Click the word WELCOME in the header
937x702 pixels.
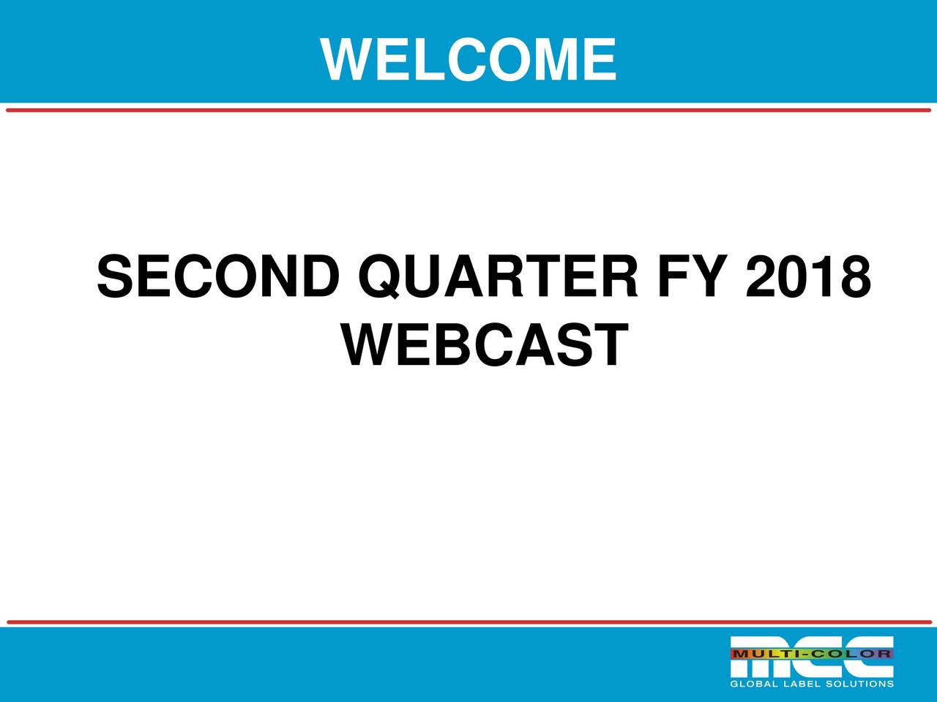tap(468, 59)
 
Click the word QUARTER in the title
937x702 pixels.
tap(497, 277)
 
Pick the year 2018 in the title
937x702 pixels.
tap(808, 277)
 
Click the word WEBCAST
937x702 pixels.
tap(485, 346)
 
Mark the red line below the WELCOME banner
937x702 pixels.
tap(468, 110)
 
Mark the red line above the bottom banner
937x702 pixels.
tap(468, 622)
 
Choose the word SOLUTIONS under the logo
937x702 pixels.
tap(859, 684)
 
